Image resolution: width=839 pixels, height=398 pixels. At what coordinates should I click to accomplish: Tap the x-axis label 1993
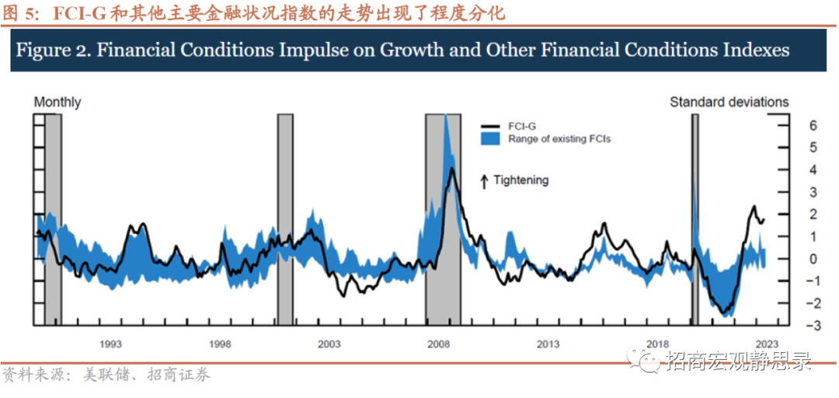[x=110, y=343]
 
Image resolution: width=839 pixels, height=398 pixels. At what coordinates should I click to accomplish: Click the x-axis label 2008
[x=439, y=343]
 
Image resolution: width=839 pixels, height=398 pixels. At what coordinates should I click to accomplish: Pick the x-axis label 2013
[x=548, y=343]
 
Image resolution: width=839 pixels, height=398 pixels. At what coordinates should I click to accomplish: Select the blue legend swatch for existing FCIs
[x=491, y=139]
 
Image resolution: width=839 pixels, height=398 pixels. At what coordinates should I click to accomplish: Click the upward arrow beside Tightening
[x=484, y=181]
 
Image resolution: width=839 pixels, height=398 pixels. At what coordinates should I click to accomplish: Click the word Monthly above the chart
[x=57, y=102]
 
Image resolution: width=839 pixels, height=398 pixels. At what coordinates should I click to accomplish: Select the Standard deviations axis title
[x=729, y=102]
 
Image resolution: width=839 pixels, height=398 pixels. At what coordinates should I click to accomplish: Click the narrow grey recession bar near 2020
[x=695, y=218]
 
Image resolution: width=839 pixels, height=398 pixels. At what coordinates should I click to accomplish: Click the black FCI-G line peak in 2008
[x=451, y=169]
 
